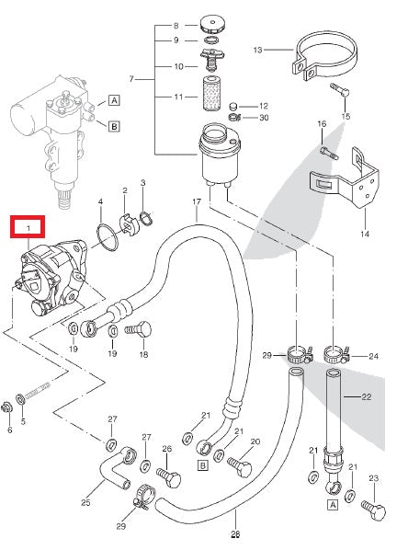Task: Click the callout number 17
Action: pyautogui.click(x=196, y=201)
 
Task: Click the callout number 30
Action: pyautogui.click(x=263, y=118)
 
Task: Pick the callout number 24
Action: pyautogui.click(x=373, y=357)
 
